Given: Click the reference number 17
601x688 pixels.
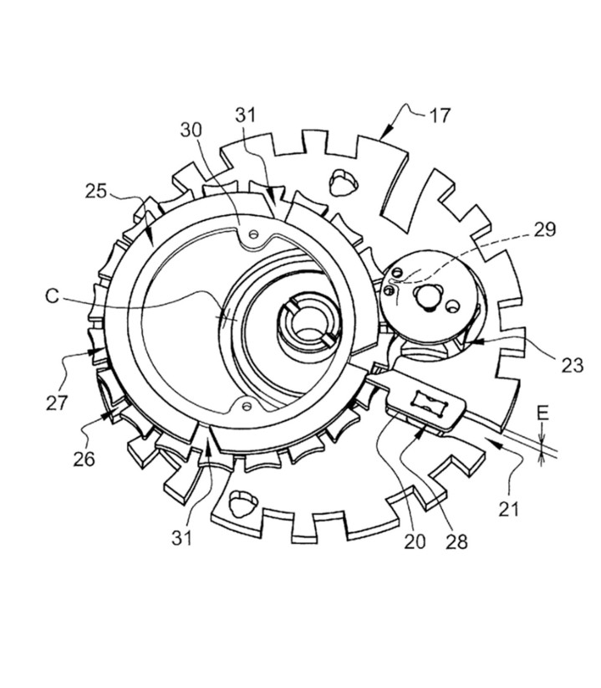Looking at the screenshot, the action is point(440,116).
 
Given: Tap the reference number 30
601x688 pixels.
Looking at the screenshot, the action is point(191,130).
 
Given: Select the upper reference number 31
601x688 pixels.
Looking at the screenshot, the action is point(245,115).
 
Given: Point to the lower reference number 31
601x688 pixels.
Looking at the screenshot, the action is point(181,538).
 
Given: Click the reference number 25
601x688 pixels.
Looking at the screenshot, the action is point(96,191).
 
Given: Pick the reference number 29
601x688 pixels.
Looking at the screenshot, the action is point(545,229).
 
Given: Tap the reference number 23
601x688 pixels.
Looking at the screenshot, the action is point(573,365).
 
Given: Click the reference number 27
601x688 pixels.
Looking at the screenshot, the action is point(57,403).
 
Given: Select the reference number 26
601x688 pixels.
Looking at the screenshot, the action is point(84,459).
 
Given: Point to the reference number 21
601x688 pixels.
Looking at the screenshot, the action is point(508,510).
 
